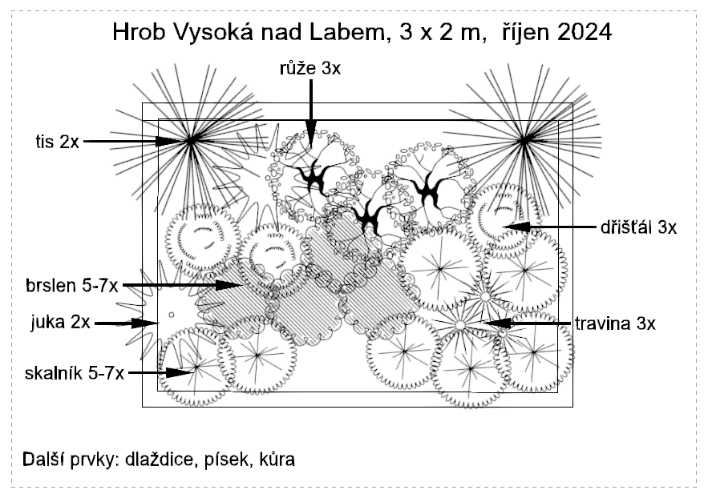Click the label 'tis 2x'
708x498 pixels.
[57, 142]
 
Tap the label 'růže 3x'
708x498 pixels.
[309, 69]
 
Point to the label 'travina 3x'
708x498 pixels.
[614, 323]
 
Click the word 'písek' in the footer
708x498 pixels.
[227, 460]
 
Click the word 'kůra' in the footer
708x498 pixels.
[276, 460]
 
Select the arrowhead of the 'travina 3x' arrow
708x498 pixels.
[491, 323]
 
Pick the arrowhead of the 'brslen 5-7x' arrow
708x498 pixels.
[233, 284]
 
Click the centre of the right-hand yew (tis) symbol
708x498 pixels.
[524, 142]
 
